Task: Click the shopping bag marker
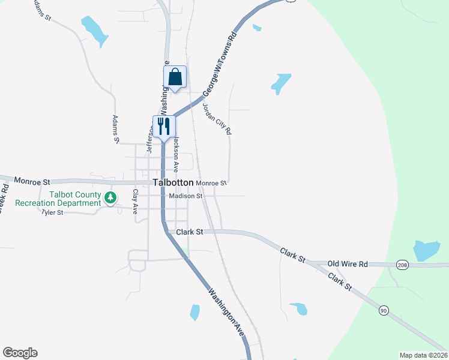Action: pos(175,77)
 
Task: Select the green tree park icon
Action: pos(109,197)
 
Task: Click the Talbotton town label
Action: pos(173,182)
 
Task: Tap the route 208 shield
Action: pos(402,265)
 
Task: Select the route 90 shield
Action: pos(384,310)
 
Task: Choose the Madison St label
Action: pos(186,196)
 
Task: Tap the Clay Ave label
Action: pos(136,202)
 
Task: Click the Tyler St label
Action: pos(52,212)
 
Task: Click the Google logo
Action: pos(20,353)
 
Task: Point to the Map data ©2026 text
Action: pos(423,355)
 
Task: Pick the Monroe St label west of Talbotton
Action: pos(34,180)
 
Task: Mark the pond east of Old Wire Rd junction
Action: pos(426,250)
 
